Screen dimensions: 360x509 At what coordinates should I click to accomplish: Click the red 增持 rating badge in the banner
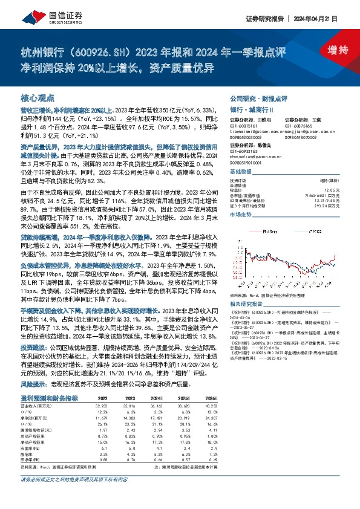330,50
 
